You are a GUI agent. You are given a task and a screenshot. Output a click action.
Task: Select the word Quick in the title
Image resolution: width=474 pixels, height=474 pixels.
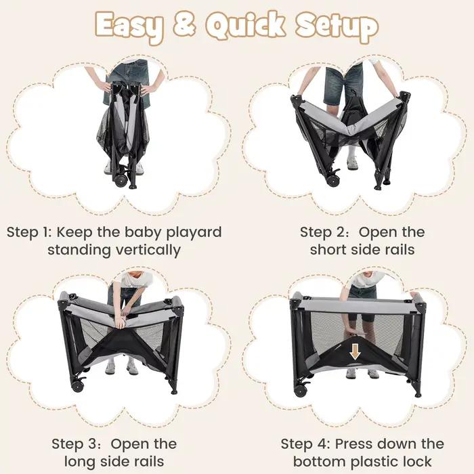point(245,26)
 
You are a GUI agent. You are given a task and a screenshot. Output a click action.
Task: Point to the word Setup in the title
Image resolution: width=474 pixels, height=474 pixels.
point(337,26)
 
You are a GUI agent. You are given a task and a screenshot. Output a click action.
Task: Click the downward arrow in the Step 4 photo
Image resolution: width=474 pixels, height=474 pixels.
point(355,352)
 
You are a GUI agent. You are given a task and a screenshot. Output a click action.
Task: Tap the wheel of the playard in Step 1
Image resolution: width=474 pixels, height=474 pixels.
point(121,179)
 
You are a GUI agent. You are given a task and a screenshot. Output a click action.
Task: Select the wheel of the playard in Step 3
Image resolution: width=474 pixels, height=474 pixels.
point(78,385)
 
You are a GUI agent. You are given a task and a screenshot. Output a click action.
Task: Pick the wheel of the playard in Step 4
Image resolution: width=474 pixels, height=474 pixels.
point(300,390)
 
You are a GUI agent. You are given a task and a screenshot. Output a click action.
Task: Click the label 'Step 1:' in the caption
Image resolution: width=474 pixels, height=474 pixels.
point(29,232)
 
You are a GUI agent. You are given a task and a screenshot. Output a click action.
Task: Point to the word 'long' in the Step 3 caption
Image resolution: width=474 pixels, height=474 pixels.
point(79,462)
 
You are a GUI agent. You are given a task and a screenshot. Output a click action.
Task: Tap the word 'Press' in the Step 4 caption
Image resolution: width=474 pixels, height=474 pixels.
point(353,444)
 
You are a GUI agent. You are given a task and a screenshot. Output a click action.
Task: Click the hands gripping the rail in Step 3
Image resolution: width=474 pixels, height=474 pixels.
point(121,321)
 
